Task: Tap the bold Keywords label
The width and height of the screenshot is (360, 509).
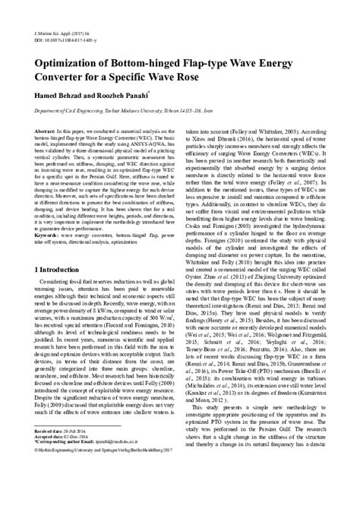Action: (48, 235)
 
